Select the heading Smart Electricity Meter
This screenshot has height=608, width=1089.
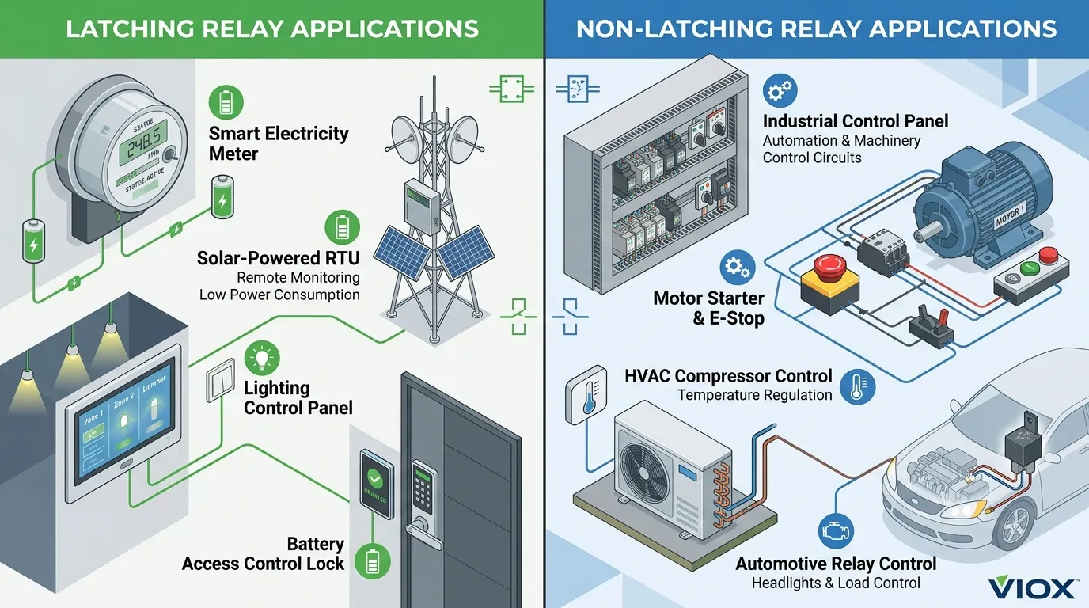coord(278,142)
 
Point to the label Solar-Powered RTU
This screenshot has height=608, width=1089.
coord(277,257)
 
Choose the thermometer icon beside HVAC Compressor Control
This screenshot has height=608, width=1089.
coord(857,387)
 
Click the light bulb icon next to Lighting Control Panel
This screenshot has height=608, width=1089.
coord(262,359)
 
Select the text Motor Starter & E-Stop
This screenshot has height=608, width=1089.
coord(708,309)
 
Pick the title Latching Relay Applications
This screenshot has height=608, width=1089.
coord(272,29)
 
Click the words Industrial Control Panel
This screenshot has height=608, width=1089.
coord(855,121)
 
